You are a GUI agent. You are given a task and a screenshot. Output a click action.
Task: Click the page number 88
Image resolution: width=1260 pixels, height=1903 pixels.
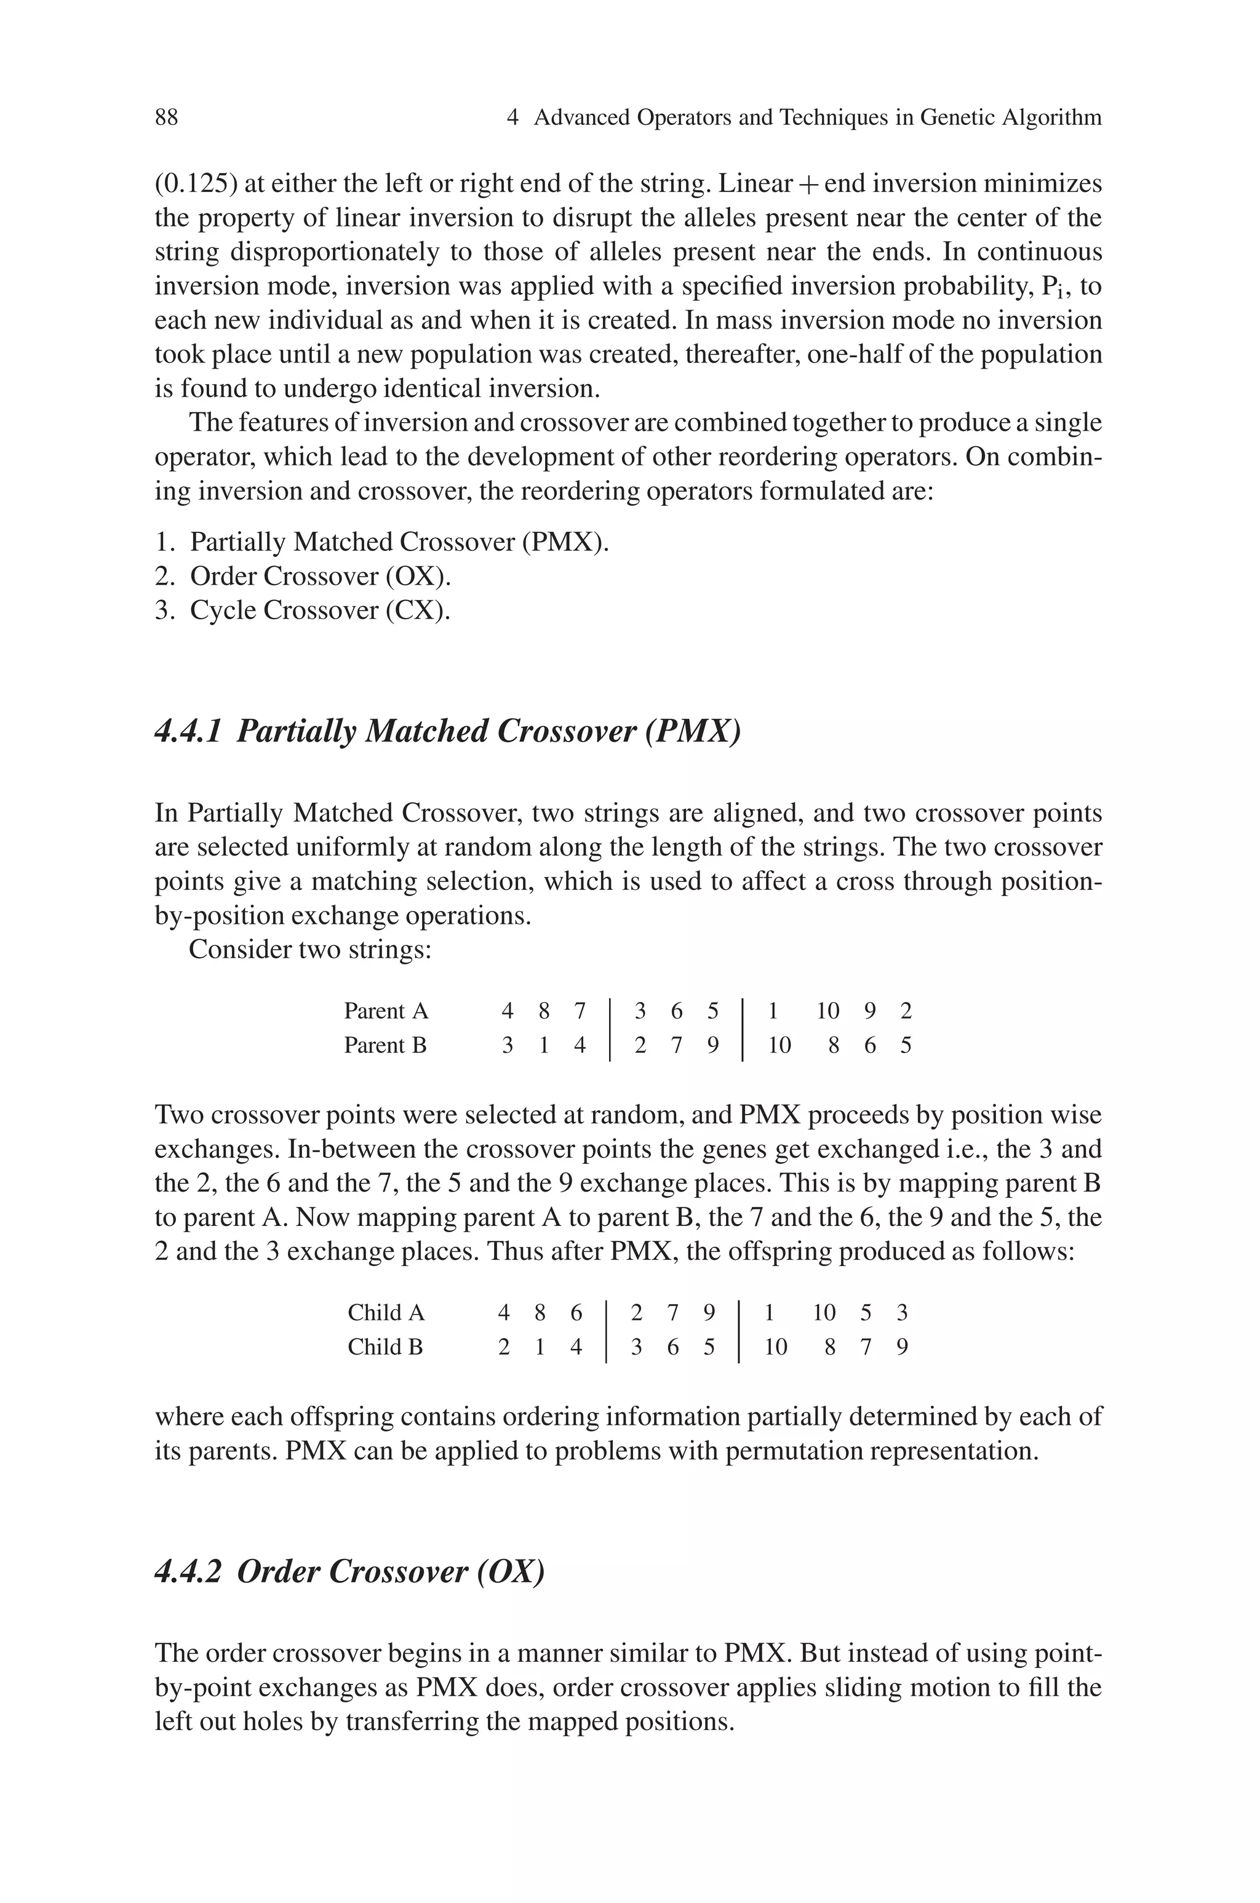pyautogui.click(x=166, y=118)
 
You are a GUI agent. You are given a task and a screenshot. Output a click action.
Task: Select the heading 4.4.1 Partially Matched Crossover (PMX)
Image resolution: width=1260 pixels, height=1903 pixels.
pyautogui.click(x=447, y=731)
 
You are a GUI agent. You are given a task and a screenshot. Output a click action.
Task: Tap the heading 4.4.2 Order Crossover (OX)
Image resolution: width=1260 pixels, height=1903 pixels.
pyautogui.click(x=349, y=1571)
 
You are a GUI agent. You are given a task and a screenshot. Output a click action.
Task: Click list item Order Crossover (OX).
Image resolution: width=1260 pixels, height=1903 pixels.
pyautogui.click(x=320, y=576)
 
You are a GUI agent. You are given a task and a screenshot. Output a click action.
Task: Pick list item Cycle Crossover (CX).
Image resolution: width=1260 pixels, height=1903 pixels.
pyautogui.click(x=320, y=611)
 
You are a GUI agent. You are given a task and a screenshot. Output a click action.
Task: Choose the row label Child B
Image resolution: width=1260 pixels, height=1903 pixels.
pyautogui.click(x=385, y=1347)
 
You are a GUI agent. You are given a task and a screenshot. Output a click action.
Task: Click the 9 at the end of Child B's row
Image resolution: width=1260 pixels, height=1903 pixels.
pyautogui.click(x=901, y=1347)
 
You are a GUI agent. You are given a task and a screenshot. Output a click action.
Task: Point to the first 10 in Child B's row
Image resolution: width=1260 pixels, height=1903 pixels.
pyautogui.click(x=775, y=1347)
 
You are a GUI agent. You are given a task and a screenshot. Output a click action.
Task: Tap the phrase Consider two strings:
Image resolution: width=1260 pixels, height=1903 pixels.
pyautogui.click(x=310, y=950)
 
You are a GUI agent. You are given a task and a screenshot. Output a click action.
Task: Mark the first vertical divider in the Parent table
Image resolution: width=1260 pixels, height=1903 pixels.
pyautogui.click(x=610, y=1028)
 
